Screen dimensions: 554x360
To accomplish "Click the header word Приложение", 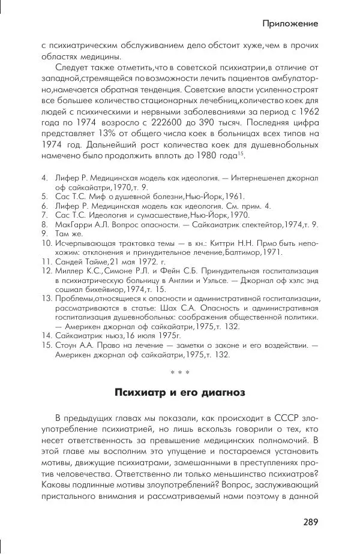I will pos(289,23).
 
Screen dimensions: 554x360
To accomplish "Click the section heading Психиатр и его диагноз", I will pos(179,393).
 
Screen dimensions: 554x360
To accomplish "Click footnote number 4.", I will pos(44,178).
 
